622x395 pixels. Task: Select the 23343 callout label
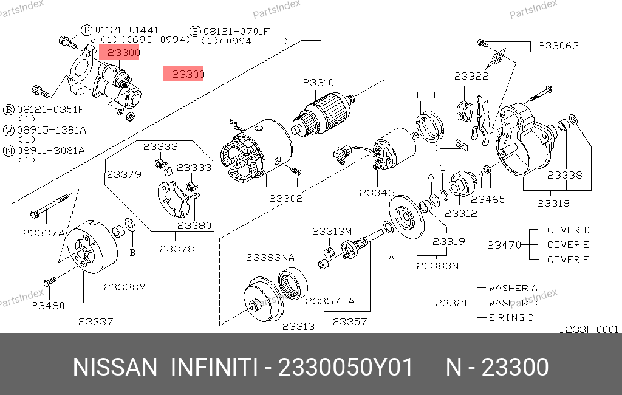377,193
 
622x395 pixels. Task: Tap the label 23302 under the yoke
286,198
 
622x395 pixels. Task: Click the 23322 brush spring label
471,76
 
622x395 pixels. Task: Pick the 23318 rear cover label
553,203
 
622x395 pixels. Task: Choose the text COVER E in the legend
568,245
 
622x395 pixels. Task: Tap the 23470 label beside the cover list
504,246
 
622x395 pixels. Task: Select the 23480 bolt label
47,306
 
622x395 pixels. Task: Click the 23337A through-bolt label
44,233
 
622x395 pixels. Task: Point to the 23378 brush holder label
177,249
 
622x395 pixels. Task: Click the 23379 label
124,174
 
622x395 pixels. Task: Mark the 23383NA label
270,257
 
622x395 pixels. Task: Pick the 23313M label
332,231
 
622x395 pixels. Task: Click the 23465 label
488,199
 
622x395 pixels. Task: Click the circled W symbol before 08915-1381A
9,130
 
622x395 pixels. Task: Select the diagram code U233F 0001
587,329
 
